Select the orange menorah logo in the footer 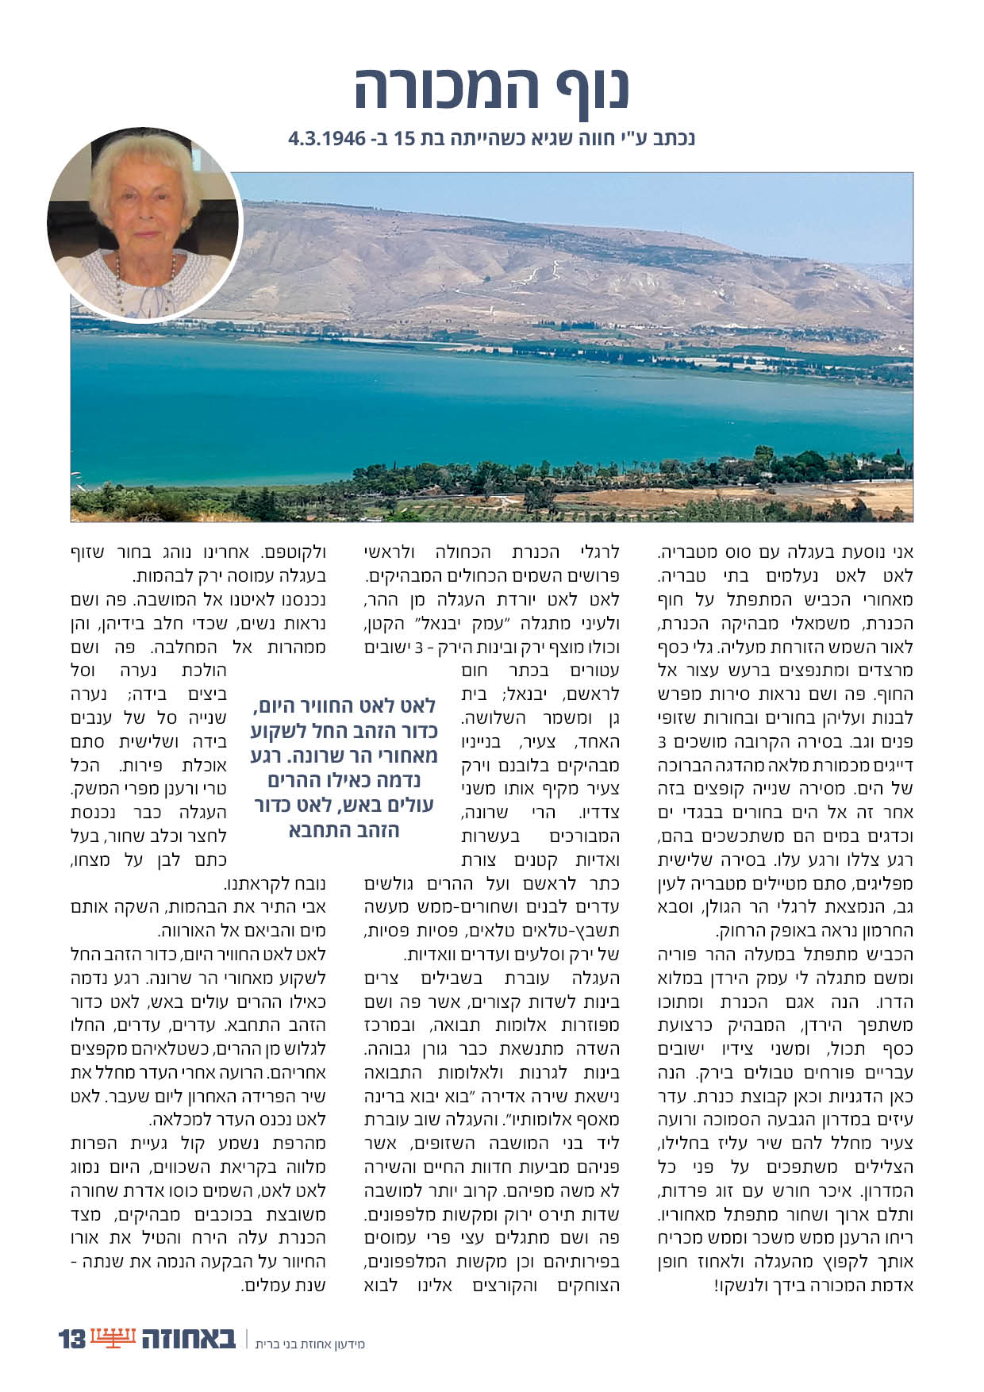(x=113, y=1338)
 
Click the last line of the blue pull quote (x=344, y=831)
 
